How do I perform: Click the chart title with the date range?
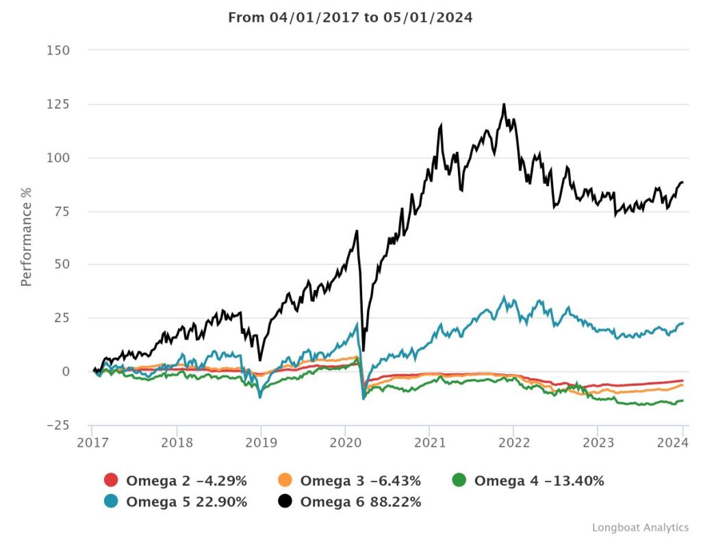(350, 18)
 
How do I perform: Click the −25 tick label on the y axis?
(58, 425)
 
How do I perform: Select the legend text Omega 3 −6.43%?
(360, 481)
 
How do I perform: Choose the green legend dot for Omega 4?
(459, 481)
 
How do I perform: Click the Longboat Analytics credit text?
(640, 527)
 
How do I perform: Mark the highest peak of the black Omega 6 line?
(504, 104)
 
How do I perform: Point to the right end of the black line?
(683, 182)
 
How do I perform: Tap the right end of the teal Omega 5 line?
(683, 323)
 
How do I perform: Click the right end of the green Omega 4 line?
(683, 400)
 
